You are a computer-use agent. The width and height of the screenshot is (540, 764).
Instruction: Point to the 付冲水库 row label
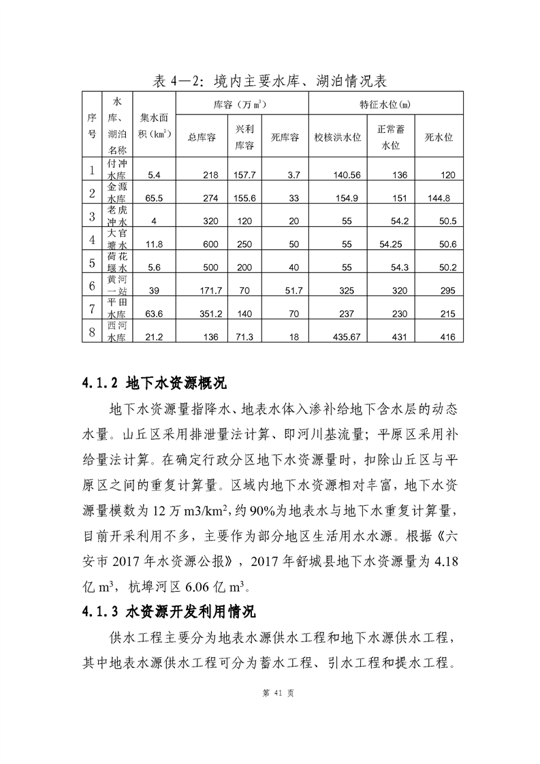point(117,170)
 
